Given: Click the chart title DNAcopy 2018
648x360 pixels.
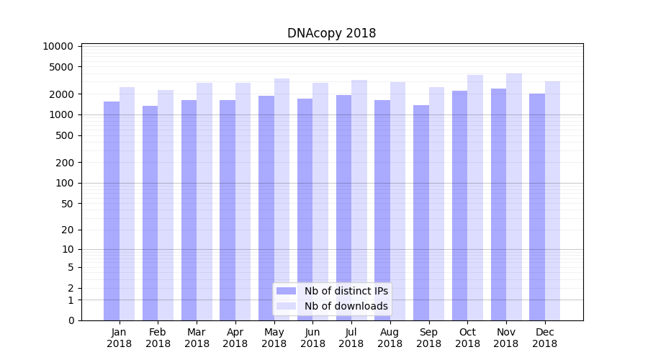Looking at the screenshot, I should coord(331,33).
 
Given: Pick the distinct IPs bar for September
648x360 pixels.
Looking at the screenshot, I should coord(421,212).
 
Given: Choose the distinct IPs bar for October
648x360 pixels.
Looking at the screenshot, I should coord(459,205).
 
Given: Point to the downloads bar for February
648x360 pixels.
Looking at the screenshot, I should coord(166,205).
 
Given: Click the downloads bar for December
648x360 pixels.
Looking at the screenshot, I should coord(553,201).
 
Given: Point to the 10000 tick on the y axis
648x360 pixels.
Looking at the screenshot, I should coord(58,46).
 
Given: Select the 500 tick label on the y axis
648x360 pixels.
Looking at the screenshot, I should coord(64,135).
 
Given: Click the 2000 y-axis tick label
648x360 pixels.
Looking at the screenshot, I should coord(61,94).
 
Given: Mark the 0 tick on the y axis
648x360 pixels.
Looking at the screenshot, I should coord(71,320).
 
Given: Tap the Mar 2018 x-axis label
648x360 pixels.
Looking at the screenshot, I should coord(197,338).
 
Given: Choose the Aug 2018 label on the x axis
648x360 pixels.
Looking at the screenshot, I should coord(390,338).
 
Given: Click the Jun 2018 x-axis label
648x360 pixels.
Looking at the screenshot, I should coord(312,338).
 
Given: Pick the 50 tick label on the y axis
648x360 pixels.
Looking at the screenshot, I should coord(67,204).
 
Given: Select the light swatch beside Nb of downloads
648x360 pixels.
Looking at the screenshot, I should coord(287,306).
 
